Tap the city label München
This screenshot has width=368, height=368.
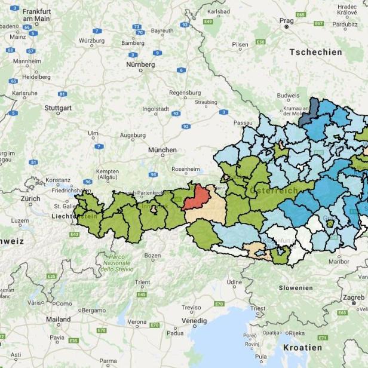162,150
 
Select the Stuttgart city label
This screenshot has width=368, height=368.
58,108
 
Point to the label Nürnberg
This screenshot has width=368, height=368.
140,64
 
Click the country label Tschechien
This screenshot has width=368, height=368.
316,52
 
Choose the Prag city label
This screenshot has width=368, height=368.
287,20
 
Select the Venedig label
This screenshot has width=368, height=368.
194,320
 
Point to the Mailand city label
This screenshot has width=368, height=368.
59,319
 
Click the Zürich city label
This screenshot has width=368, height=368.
30,198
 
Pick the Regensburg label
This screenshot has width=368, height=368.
185,93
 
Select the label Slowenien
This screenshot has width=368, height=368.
296,287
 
